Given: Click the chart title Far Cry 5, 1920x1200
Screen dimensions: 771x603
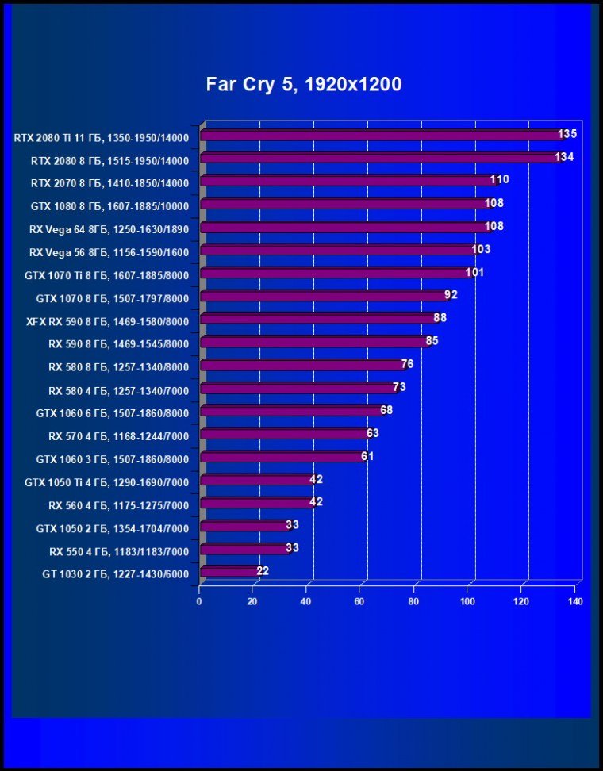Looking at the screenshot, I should (304, 84).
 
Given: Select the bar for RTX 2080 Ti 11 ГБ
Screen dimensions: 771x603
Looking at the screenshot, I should (381, 136).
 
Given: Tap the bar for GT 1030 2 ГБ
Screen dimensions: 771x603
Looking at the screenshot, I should (229, 571).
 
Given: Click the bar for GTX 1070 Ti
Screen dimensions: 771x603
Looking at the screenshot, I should (336, 274).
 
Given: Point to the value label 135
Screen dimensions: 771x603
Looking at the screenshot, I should (567, 134).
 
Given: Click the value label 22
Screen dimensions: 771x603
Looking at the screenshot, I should (263, 570).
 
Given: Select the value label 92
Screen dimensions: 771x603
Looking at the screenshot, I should (451, 295).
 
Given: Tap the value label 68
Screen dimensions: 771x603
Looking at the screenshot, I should (386, 410).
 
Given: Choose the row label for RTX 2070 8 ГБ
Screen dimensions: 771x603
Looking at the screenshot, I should (109, 183).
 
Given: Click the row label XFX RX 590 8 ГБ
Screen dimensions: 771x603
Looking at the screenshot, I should (107, 321).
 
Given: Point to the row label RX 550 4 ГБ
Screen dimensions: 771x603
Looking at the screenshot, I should (118, 550).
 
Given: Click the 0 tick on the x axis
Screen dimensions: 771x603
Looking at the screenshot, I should (199, 601).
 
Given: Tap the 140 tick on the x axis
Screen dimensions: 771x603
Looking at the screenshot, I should (575, 601).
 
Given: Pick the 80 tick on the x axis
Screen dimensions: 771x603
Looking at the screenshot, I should (414, 601).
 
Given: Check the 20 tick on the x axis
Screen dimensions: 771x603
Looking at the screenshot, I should (252, 601).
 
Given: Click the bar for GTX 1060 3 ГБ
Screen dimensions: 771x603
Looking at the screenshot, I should (284, 457).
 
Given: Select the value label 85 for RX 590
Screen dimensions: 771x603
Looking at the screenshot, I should (432, 341).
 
